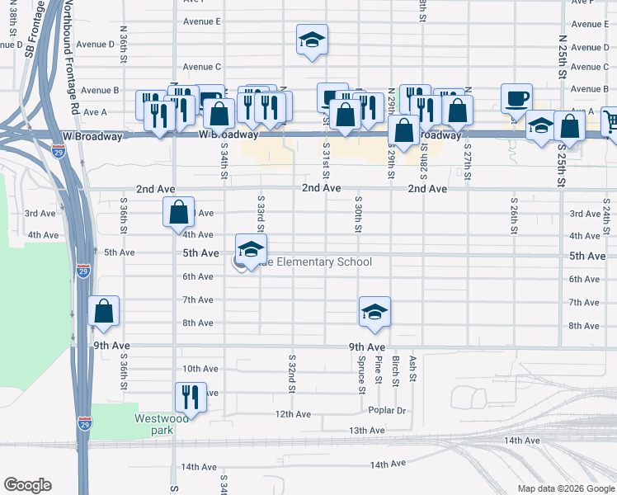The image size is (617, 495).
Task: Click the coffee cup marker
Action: (517, 98)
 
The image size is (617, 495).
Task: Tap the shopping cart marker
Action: (611, 122)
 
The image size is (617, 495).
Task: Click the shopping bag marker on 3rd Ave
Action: (178, 213)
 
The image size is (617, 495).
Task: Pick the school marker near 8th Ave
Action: (374, 312)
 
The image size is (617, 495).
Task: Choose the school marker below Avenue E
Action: (311, 40)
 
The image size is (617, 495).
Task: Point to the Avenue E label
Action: (202, 21)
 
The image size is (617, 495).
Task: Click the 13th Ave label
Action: (367, 431)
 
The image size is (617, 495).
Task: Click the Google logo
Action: (27, 485)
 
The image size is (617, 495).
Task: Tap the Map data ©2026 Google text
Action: (565, 488)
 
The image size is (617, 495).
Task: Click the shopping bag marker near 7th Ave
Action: (103, 312)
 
